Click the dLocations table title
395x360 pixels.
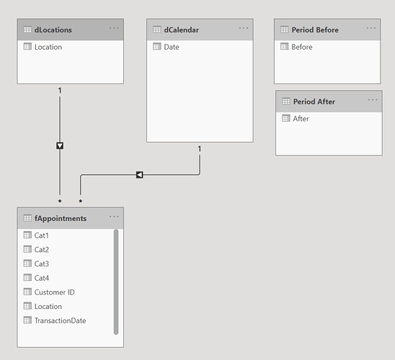pos(53,30)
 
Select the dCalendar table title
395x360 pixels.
pos(182,30)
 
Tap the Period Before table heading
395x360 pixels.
pos(315,30)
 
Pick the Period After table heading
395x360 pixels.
pos(314,102)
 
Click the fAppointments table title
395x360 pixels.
pos(61,218)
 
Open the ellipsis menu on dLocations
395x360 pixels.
pos(114,28)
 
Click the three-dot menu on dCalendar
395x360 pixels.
pos(244,28)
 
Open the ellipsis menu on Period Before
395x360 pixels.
pos(371,28)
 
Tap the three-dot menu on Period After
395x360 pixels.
pos(373,99)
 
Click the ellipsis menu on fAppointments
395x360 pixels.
pos(114,216)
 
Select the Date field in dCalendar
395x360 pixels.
pos(172,47)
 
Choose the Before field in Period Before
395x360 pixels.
pos(302,47)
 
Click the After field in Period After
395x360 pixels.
pos(301,119)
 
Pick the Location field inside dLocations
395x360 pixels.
pos(48,47)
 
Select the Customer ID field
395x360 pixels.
pos(54,292)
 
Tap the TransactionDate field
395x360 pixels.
pos(61,320)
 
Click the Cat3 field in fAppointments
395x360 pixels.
pos(42,264)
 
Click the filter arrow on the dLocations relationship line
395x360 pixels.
pos(60,145)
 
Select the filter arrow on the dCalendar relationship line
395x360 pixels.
pos(140,174)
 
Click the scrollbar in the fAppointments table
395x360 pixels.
pos(116,282)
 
